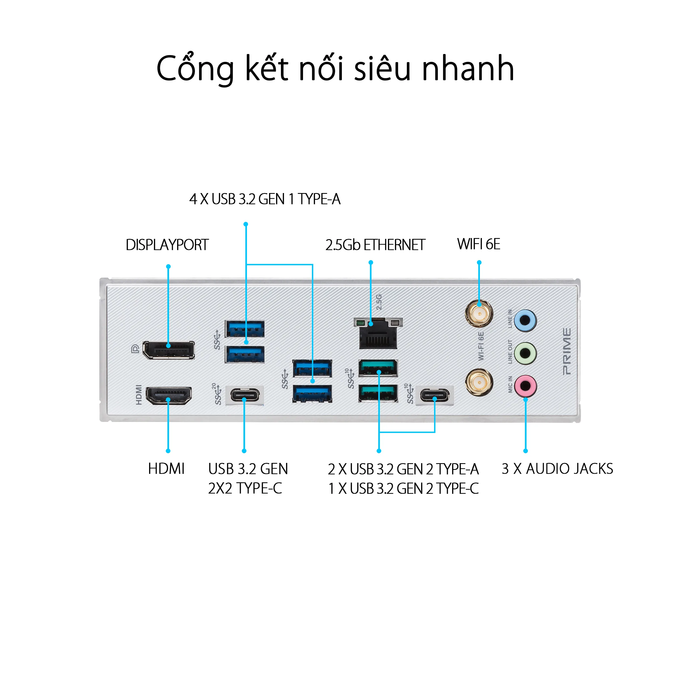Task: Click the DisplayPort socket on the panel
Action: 169,350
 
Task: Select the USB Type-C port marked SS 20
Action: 245,395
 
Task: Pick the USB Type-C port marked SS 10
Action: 435,395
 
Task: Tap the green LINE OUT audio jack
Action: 525,353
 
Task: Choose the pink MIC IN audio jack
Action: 525,386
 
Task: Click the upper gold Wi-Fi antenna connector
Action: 479,312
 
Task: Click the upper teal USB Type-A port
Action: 378,368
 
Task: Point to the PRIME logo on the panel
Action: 567,351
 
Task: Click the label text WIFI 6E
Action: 479,244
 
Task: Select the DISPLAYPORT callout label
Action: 167,245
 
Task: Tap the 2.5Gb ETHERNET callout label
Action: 375,245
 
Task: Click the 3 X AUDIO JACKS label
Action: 557,469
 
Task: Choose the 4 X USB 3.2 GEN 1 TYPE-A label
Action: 265,199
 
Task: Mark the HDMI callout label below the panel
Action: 166,469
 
